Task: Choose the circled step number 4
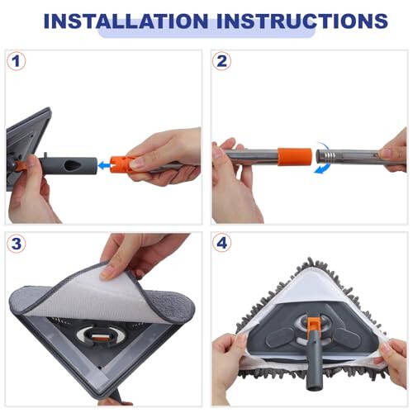221,244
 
